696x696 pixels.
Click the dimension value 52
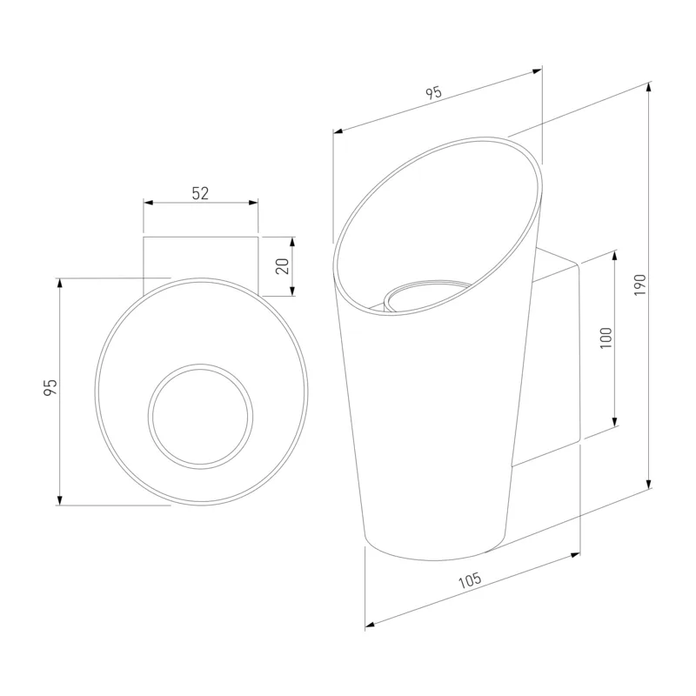pos(200,193)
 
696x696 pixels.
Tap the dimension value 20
pos(283,266)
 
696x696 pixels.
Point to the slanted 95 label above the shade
pos(433,93)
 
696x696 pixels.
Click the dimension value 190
pos(639,285)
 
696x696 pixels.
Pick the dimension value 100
pos(606,338)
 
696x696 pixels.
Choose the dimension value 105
pos(470,580)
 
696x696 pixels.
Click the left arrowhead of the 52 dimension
pos(148,203)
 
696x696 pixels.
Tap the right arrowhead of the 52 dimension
pos(253,203)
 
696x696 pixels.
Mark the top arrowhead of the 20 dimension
pos(292,242)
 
